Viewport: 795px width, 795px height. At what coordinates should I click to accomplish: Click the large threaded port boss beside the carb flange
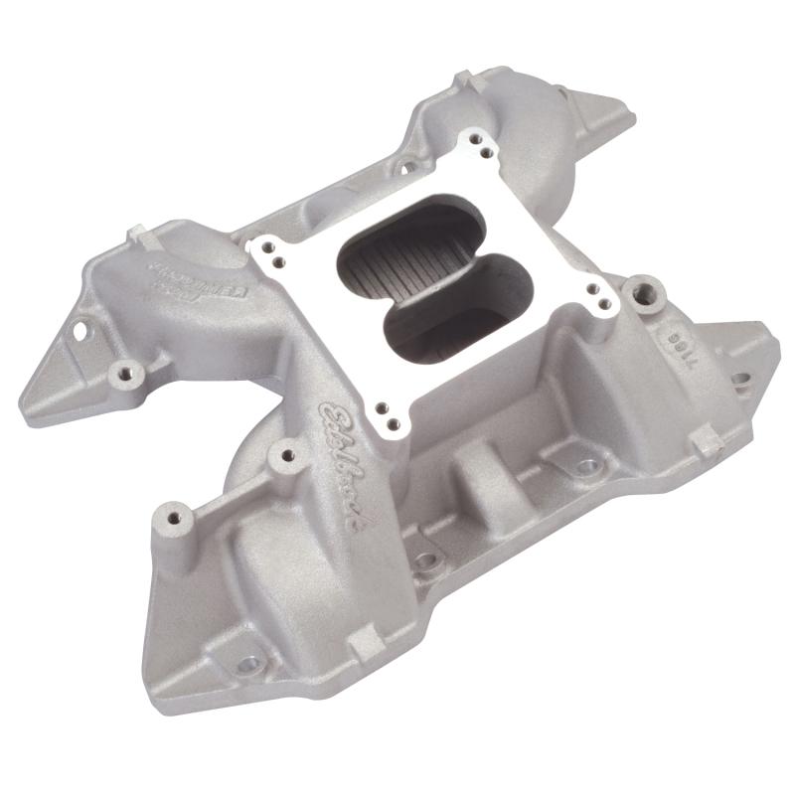[647, 292]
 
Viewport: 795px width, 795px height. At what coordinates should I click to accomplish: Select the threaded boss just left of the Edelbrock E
[287, 455]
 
